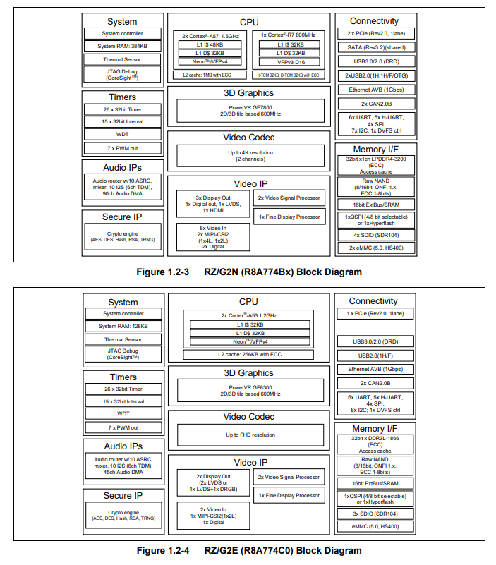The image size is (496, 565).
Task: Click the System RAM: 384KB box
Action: (123, 47)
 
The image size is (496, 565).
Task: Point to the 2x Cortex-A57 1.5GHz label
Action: (211, 35)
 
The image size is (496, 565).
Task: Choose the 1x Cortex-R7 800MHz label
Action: (288, 35)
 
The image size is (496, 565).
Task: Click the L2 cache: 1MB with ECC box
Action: (211, 75)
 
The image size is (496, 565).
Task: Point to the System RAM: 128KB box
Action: (123, 326)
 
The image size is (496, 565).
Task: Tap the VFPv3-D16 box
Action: (288, 62)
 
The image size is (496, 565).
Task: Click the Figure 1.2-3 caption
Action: (249, 272)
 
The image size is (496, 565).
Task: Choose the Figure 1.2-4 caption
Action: (249, 550)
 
